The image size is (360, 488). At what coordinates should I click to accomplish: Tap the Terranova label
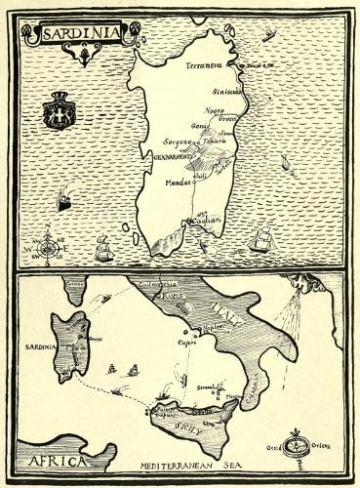206,65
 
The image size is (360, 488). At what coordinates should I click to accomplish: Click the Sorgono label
168,142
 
